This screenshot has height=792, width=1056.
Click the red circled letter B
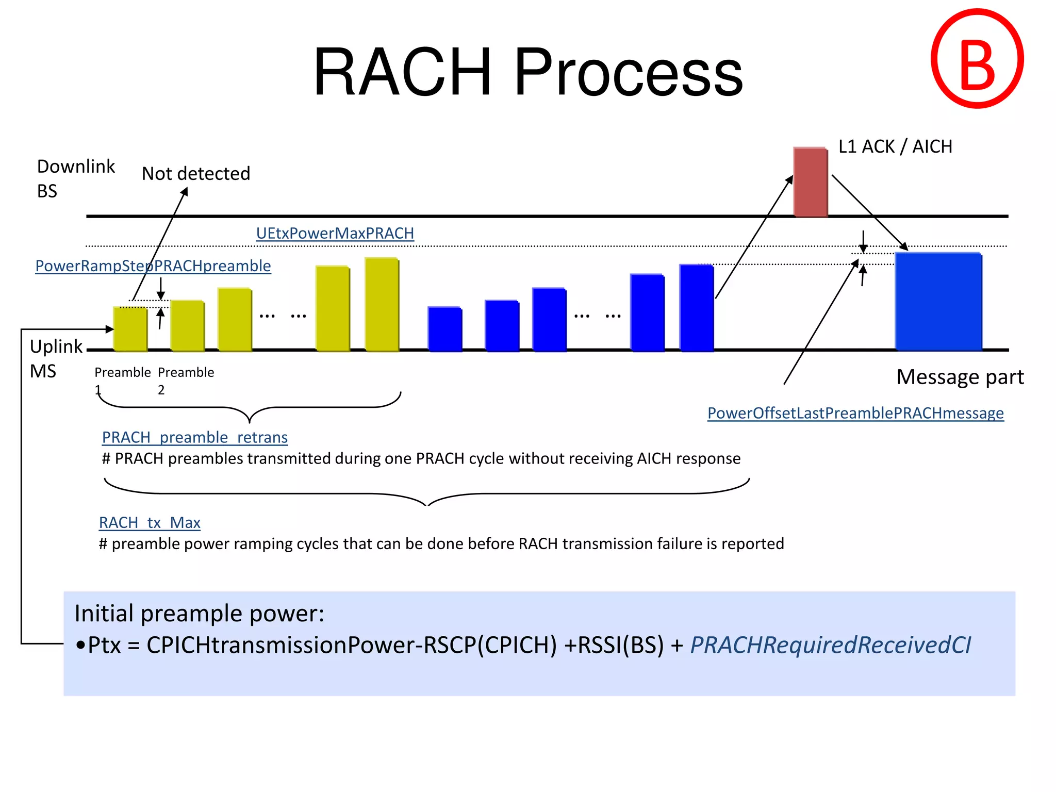click(977, 59)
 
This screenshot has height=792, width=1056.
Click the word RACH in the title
click(402, 72)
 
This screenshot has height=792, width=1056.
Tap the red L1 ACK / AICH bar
click(810, 181)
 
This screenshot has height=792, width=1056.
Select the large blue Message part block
click(938, 302)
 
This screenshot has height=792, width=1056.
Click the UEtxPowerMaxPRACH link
click(335, 234)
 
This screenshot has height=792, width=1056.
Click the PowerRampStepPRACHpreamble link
click(153, 266)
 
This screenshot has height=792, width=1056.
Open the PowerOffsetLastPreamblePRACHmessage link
click(855, 413)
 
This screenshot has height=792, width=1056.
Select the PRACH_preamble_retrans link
click(194, 437)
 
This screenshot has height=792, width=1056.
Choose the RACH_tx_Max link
click(150, 523)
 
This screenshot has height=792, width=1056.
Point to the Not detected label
click(196, 174)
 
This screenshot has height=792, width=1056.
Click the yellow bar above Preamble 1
click(130, 329)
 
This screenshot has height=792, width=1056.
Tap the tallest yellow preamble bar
click(382, 304)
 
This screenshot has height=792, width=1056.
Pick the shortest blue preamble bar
click(444, 329)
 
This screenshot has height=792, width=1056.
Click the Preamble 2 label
click(186, 380)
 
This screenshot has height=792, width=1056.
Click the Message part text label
click(960, 377)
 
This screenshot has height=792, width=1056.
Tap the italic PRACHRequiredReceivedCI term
click(830, 645)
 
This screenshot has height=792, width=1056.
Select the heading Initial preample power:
click(199, 614)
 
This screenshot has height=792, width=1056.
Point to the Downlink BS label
click(75, 178)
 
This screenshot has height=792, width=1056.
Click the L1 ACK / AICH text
click(895, 147)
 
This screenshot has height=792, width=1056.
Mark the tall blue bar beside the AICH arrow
click(696, 308)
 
